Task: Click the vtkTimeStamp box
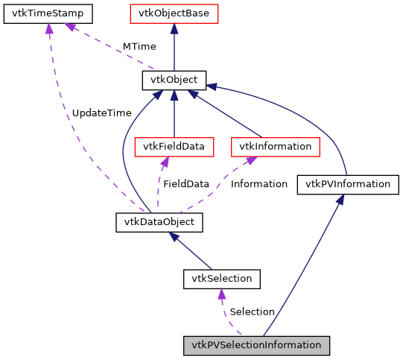click(48, 13)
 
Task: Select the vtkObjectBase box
click(174, 13)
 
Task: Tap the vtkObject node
click(174, 80)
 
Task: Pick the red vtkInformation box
click(275, 146)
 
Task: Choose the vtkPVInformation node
click(348, 184)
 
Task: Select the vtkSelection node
click(221, 279)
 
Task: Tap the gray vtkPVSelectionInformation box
click(256, 345)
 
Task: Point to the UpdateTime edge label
click(101, 113)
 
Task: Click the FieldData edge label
click(186, 183)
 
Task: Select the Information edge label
click(258, 183)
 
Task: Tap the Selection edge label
click(252, 312)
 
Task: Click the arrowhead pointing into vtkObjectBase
click(174, 28)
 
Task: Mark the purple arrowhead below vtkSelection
click(221, 294)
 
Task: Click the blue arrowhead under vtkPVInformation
click(340, 200)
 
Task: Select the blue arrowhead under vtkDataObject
click(171, 236)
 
